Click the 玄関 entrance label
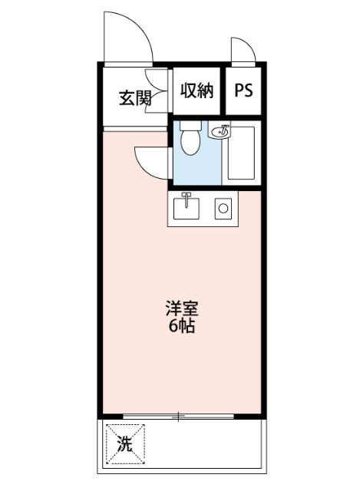click(x=134, y=97)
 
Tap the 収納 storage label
click(x=196, y=91)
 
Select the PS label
click(x=243, y=91)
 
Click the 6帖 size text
click(x=181, y=326)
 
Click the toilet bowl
click(x=190, y=142)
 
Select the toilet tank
click(x=190, y=125)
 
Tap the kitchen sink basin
click(x=187, y=207)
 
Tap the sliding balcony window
click(x=178, y=417)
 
